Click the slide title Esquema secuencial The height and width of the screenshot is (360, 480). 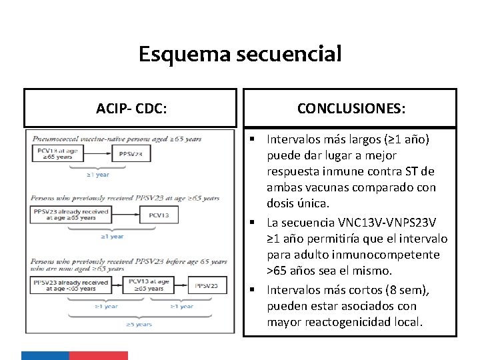pos(240,53)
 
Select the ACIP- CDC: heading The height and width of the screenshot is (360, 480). pos(131,108)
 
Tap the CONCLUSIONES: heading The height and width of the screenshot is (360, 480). pos(351,108)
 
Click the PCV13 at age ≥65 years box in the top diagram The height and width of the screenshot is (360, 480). pos(53,154)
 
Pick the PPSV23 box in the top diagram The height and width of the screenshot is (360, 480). pos(131,154)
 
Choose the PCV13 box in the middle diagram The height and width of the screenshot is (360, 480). pos(158,215)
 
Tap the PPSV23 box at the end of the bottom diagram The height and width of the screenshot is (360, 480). pos(207,285)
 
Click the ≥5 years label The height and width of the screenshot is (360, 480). pos(140,325)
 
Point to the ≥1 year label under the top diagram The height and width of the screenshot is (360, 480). pos(98,175)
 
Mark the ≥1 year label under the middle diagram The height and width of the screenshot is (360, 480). pos(111,236)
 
